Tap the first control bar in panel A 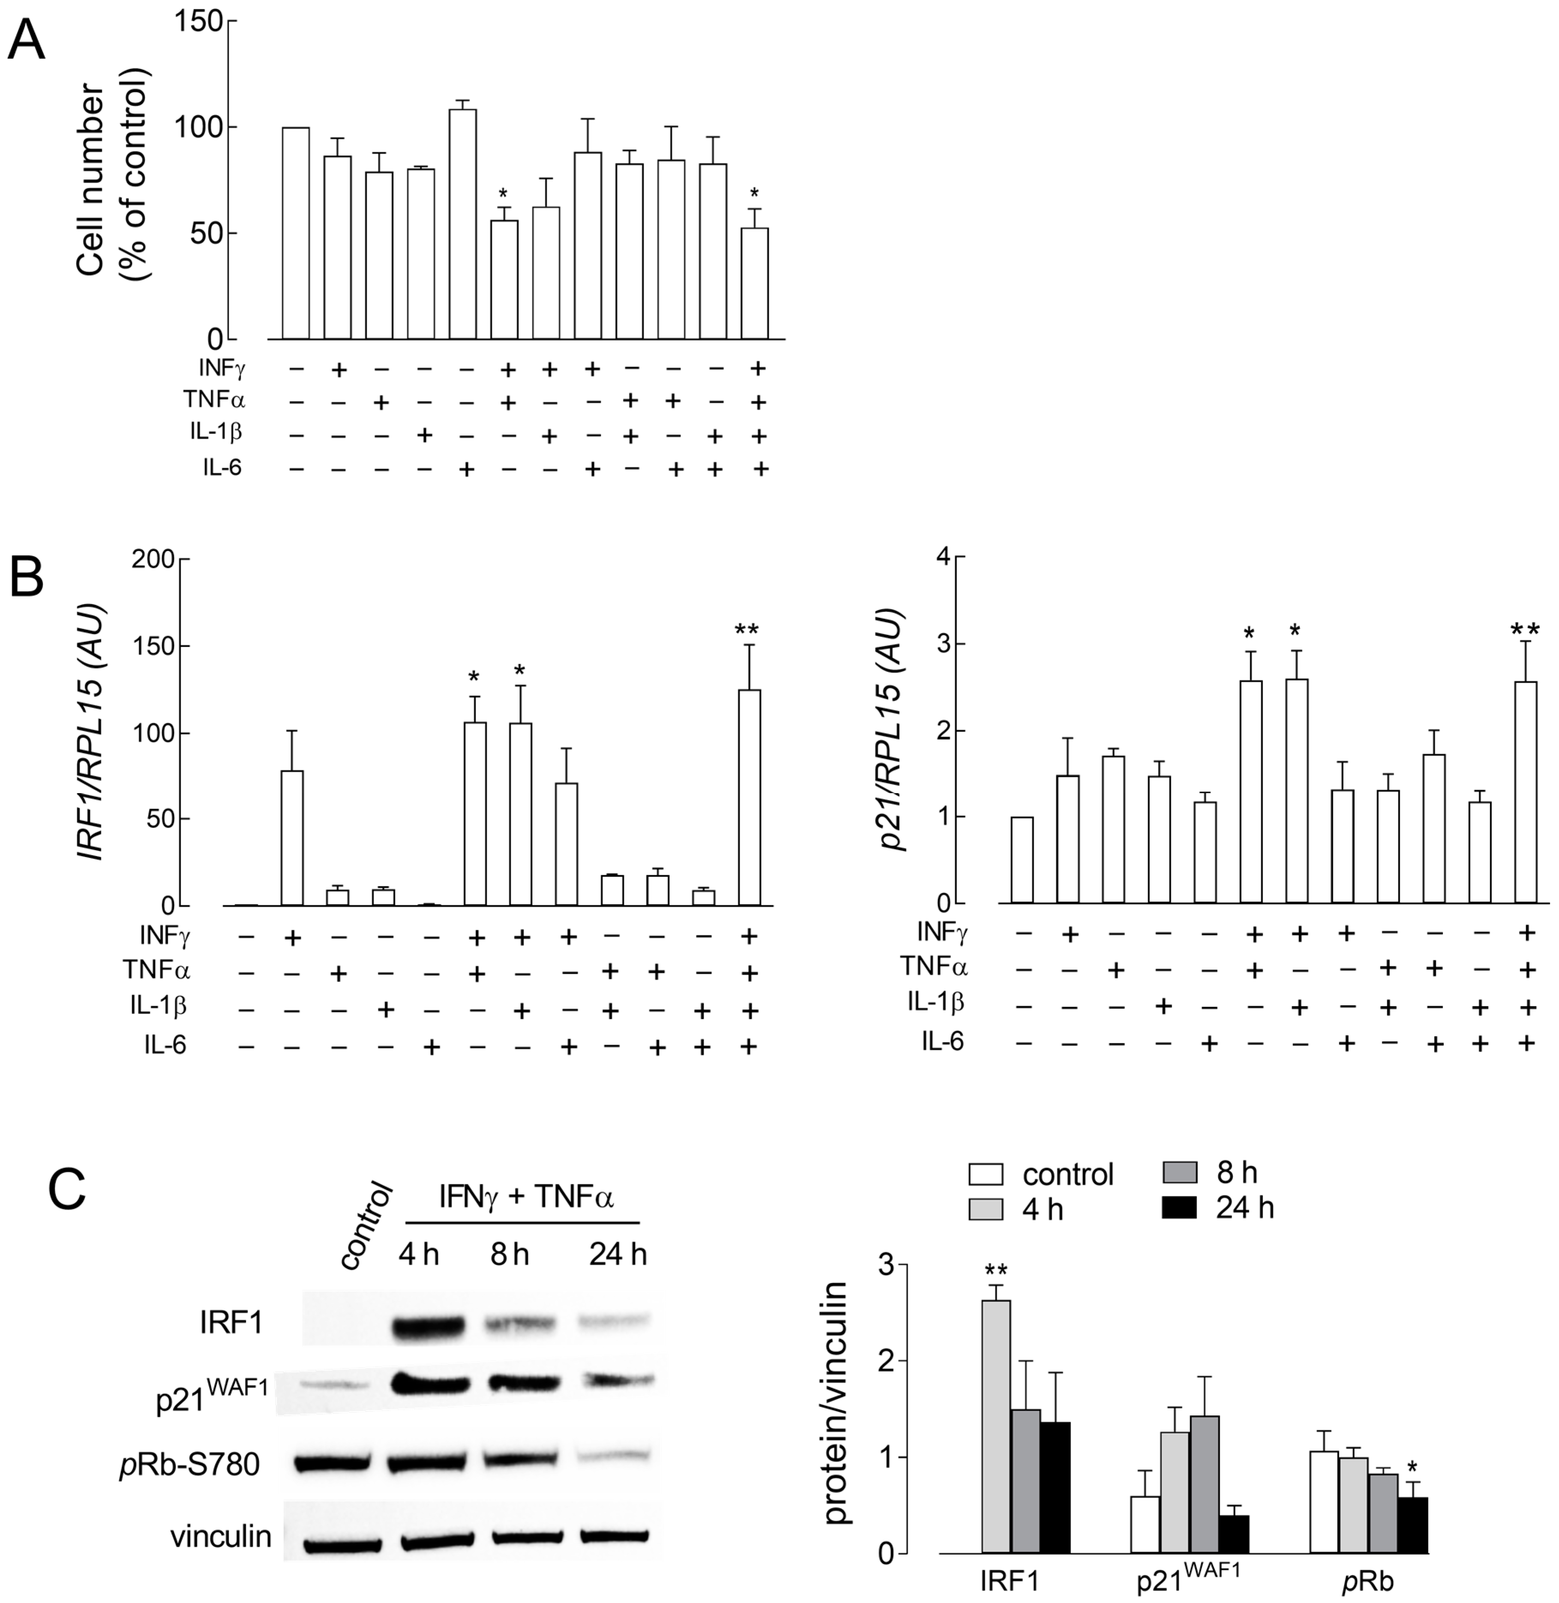(x=296, y=234)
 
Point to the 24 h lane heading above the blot (x=618, y=1255)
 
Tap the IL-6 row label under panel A (x=223, y=468)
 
